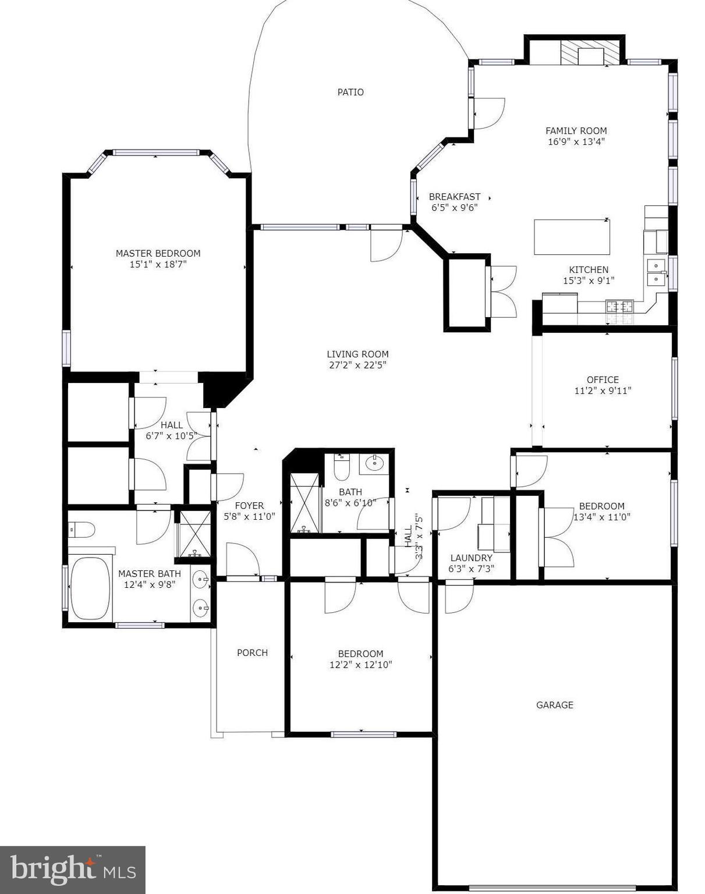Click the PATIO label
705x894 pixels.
click(350, 92)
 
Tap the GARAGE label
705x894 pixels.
click(554, 705)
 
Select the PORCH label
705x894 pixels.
click(252, 652)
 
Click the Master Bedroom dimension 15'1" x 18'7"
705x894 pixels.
click(158, 264)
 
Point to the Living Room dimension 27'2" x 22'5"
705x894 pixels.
click(357, 365)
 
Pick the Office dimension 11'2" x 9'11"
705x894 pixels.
click(603, 391)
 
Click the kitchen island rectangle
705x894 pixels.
click(572, 237)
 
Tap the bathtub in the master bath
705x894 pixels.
click(90, 588)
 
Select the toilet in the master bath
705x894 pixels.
click(82, 530)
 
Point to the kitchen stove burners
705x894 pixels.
click(619, 306)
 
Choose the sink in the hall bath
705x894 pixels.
click(373, 463)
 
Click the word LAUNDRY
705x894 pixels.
click(471, 558)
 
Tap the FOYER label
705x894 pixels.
click(249, 505)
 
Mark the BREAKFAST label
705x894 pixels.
click(454, 197)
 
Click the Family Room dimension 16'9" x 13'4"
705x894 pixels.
click(576, 141)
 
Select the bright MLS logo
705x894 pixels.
click(72, 870)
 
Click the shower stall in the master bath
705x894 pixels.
click(194, 533)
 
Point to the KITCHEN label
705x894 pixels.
click(589, 269)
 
